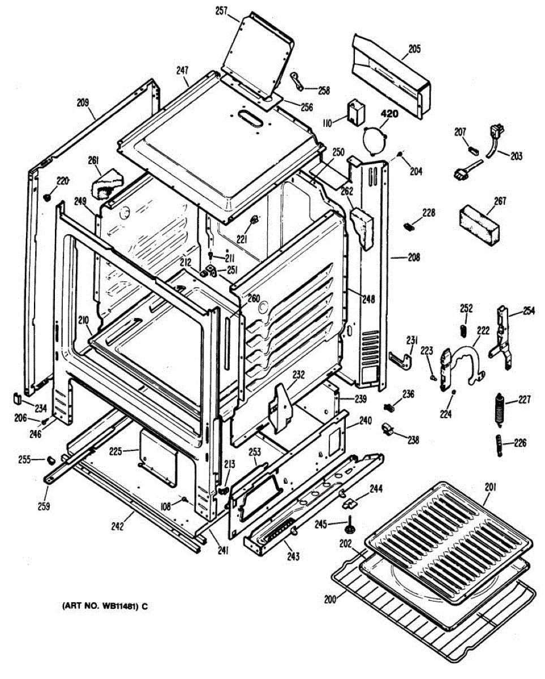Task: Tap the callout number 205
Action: click(x=414, y=49)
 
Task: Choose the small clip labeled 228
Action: click(x=408, y=226)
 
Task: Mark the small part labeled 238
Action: click(x=387, y=429)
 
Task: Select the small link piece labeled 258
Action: click(x=300, y=81)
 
